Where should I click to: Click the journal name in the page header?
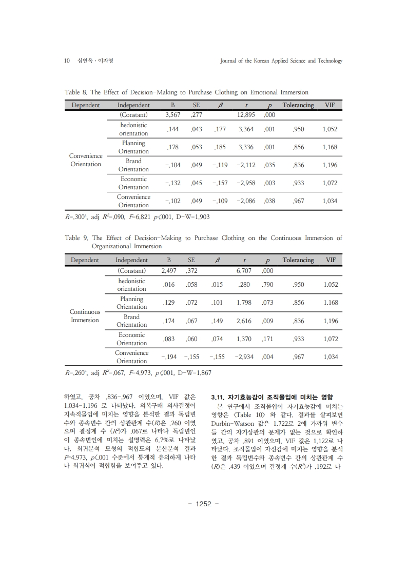point(281,61)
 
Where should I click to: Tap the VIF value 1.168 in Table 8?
point(330,147)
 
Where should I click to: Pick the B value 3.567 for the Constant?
point(169,115)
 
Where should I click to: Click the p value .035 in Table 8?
point(269,165)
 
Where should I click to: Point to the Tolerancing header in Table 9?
point(298,260)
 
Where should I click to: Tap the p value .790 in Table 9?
point(267,285)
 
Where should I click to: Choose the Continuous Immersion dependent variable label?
point(85,316)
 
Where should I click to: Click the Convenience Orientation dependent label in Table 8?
point(86,160)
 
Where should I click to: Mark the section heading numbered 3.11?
point(272,397)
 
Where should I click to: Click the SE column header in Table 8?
point(196,105)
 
